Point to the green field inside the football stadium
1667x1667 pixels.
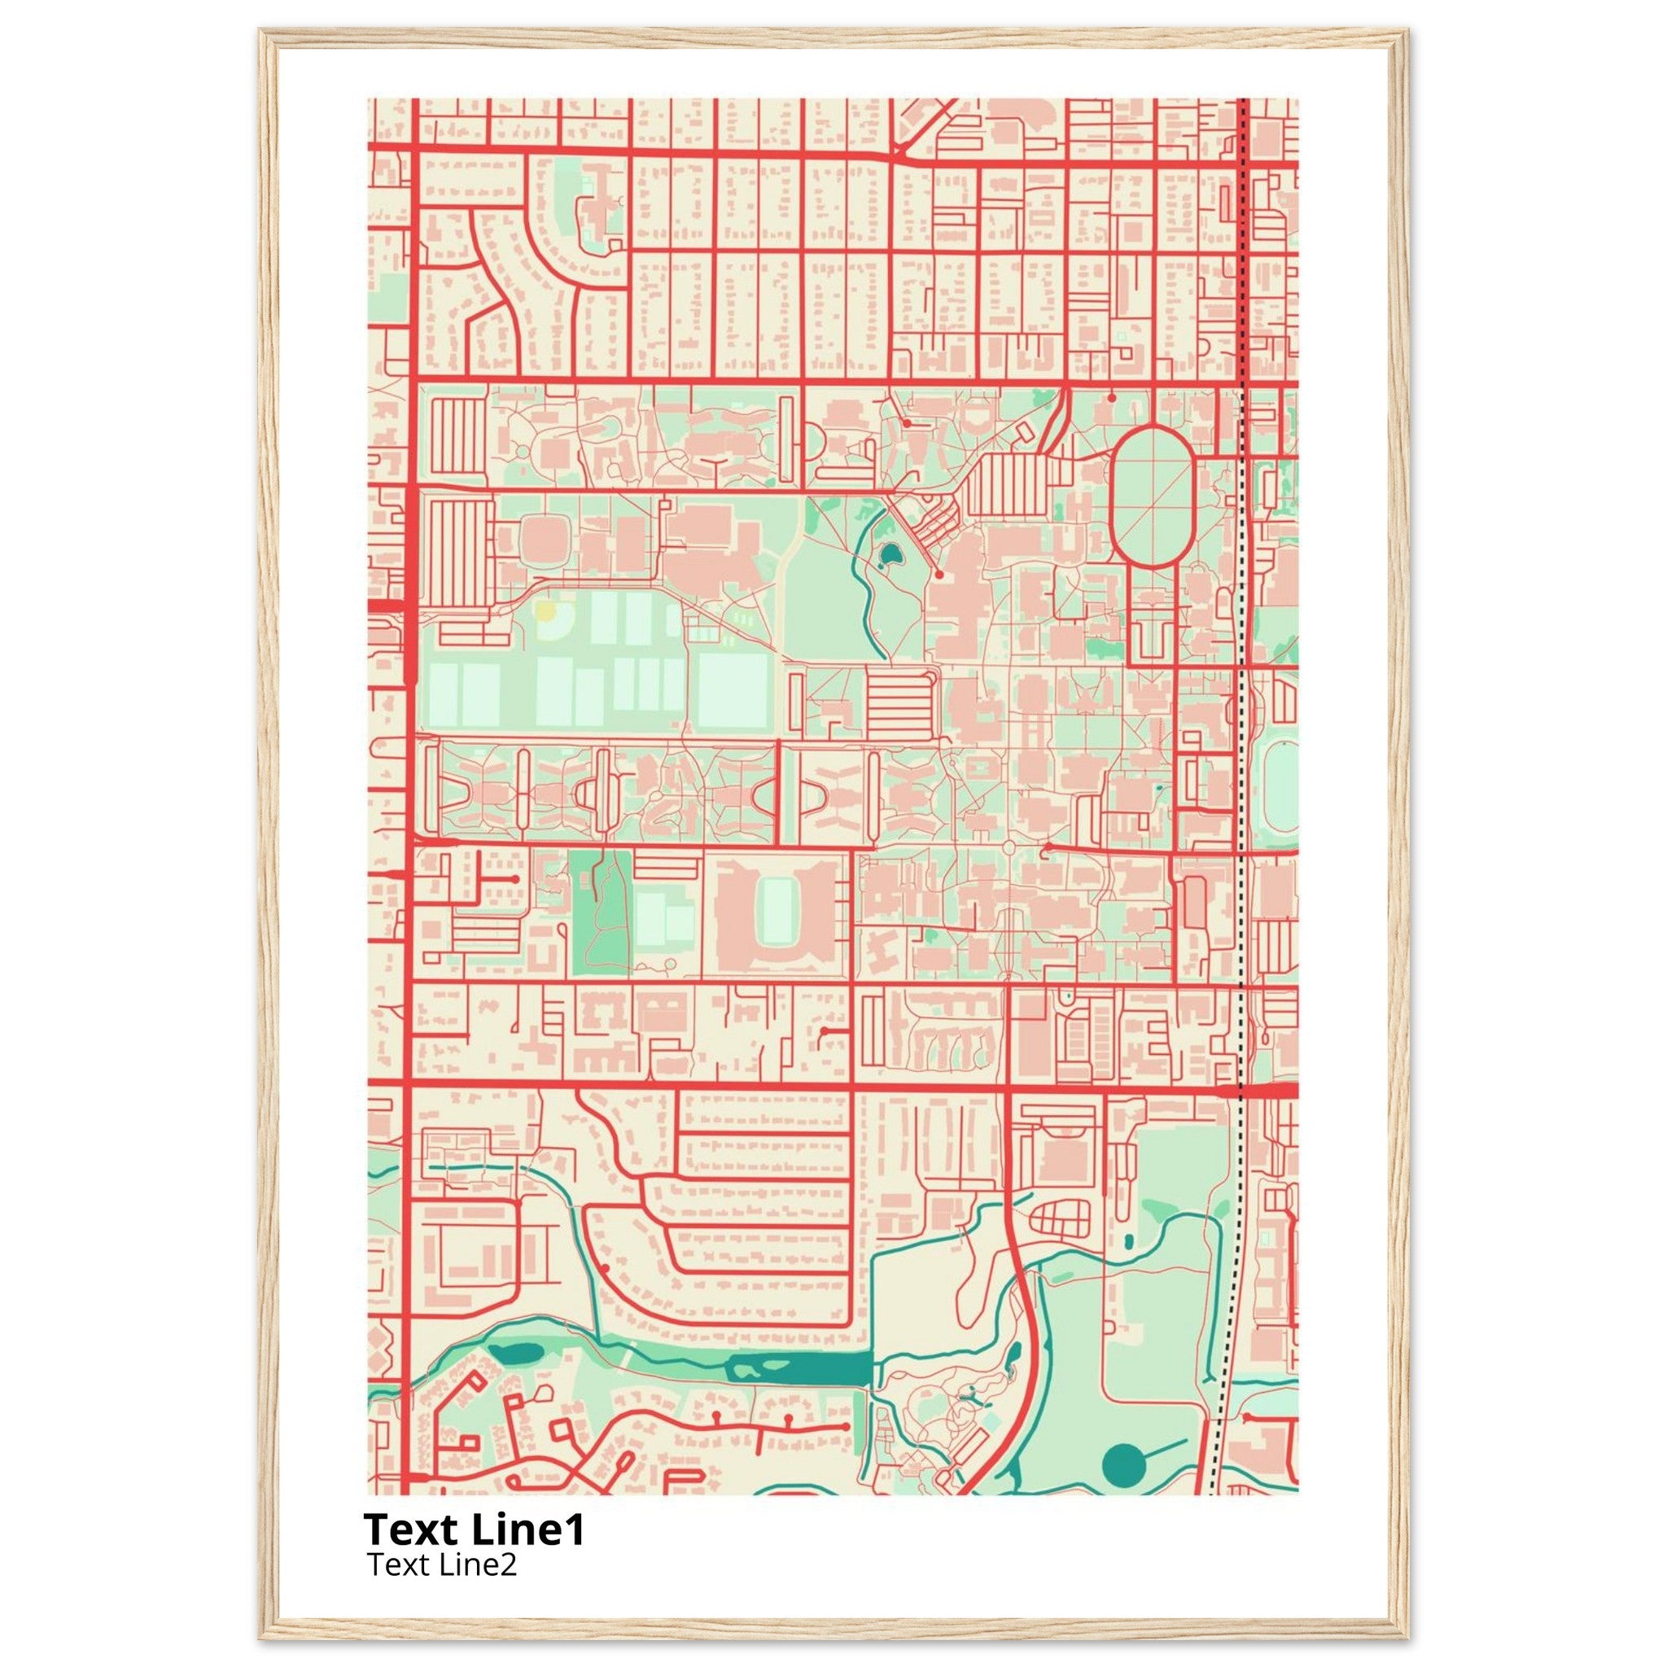click(779, 912)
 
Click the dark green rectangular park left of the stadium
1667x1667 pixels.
click(602, 913)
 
